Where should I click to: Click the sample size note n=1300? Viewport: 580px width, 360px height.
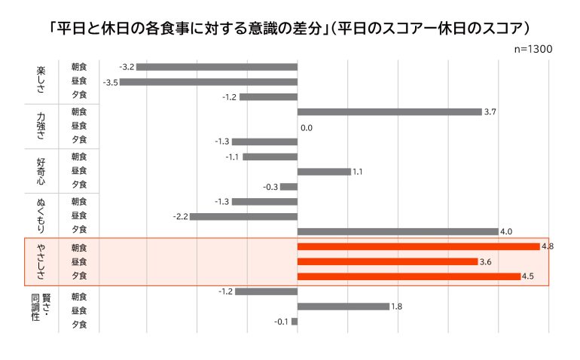pyautogui.click(x=533, y=49)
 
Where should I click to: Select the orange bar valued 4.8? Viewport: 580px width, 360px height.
pyautogui.click(x=419, y=246)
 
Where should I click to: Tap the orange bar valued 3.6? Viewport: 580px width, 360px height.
pyautogui.click(x=388, y=261)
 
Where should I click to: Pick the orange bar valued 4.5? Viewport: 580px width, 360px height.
pyautogui.click(x=409, y=276)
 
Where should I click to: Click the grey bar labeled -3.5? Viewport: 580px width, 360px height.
pyautogui.click(x=209, y=81)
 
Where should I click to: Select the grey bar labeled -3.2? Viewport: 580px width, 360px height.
pyautogui.click(x=217, y=67)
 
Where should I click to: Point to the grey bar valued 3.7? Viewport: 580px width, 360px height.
pyautogui.click(x=389, y=111)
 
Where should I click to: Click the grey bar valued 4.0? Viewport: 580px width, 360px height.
pyautogui.click(x=398, y=231)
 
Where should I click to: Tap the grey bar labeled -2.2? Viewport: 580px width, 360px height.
pyautogui.click(x=243, y=216)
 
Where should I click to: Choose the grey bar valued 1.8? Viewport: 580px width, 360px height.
pyautogui.click(x=343, y=307)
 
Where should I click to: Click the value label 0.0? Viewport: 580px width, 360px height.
pyautogui.click(x=307, y=128)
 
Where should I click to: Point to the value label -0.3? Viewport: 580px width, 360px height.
pyautogui.click(x=270, y=187)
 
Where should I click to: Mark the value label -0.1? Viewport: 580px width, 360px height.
pyautogui.click(x=282, y=322)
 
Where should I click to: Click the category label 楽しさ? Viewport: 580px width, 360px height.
pyautogui.click(x=41, y=81)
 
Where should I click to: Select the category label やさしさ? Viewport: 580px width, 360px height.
pyautogui.click(x=41, y=261)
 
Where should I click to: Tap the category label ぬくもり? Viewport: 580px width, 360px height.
pyautogui.click(x=41, y=216)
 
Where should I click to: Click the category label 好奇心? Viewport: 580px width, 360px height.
pyautogui.click(x=41, y=171)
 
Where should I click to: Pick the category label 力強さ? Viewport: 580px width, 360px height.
pyautogui.click(x=41, y=126)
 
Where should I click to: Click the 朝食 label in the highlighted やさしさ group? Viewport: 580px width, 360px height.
pyautogui.click(x=79, y=247)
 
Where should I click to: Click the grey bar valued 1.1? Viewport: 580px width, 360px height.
pyautogui.click(x=324, y=172)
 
